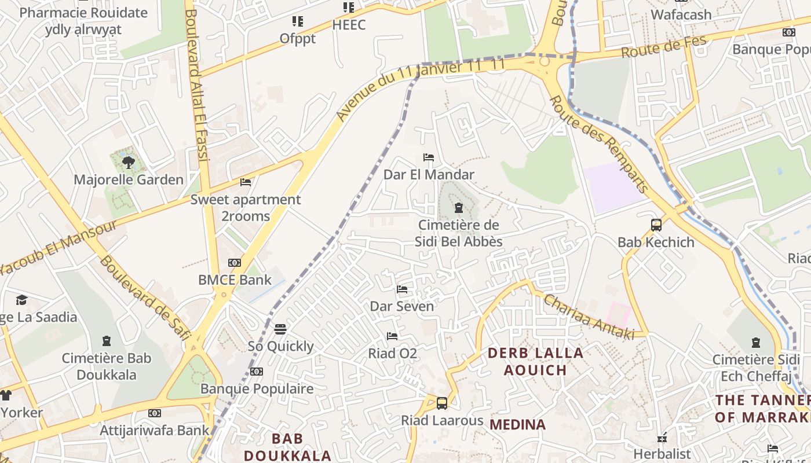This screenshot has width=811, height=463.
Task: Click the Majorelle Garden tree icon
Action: (128, 163)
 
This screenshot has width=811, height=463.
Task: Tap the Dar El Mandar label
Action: (429, 174)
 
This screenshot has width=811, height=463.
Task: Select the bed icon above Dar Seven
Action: (402, 289)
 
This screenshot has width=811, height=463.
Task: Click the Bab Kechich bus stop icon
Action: (656, 225)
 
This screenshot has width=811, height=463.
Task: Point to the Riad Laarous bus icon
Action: (442, 403)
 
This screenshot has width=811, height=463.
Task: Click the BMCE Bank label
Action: (235, 280)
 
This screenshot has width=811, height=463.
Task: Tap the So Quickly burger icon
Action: (280, 329)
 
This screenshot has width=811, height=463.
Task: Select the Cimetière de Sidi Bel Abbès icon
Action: (459, 207)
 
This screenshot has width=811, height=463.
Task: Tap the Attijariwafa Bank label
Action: (155, 430)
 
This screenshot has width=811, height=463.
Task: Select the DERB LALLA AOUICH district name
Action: (535, 361)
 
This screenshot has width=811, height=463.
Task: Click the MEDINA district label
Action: (517, 425)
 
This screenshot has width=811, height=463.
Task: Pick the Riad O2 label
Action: (392, 353)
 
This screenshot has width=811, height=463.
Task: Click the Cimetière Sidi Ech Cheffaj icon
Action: (755, 343)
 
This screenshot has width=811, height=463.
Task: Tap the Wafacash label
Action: (681, 14)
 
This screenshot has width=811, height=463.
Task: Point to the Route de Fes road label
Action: (664, 46)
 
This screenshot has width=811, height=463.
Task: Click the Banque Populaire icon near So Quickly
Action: (257, 372)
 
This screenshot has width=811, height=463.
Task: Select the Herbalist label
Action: (662, 454)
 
